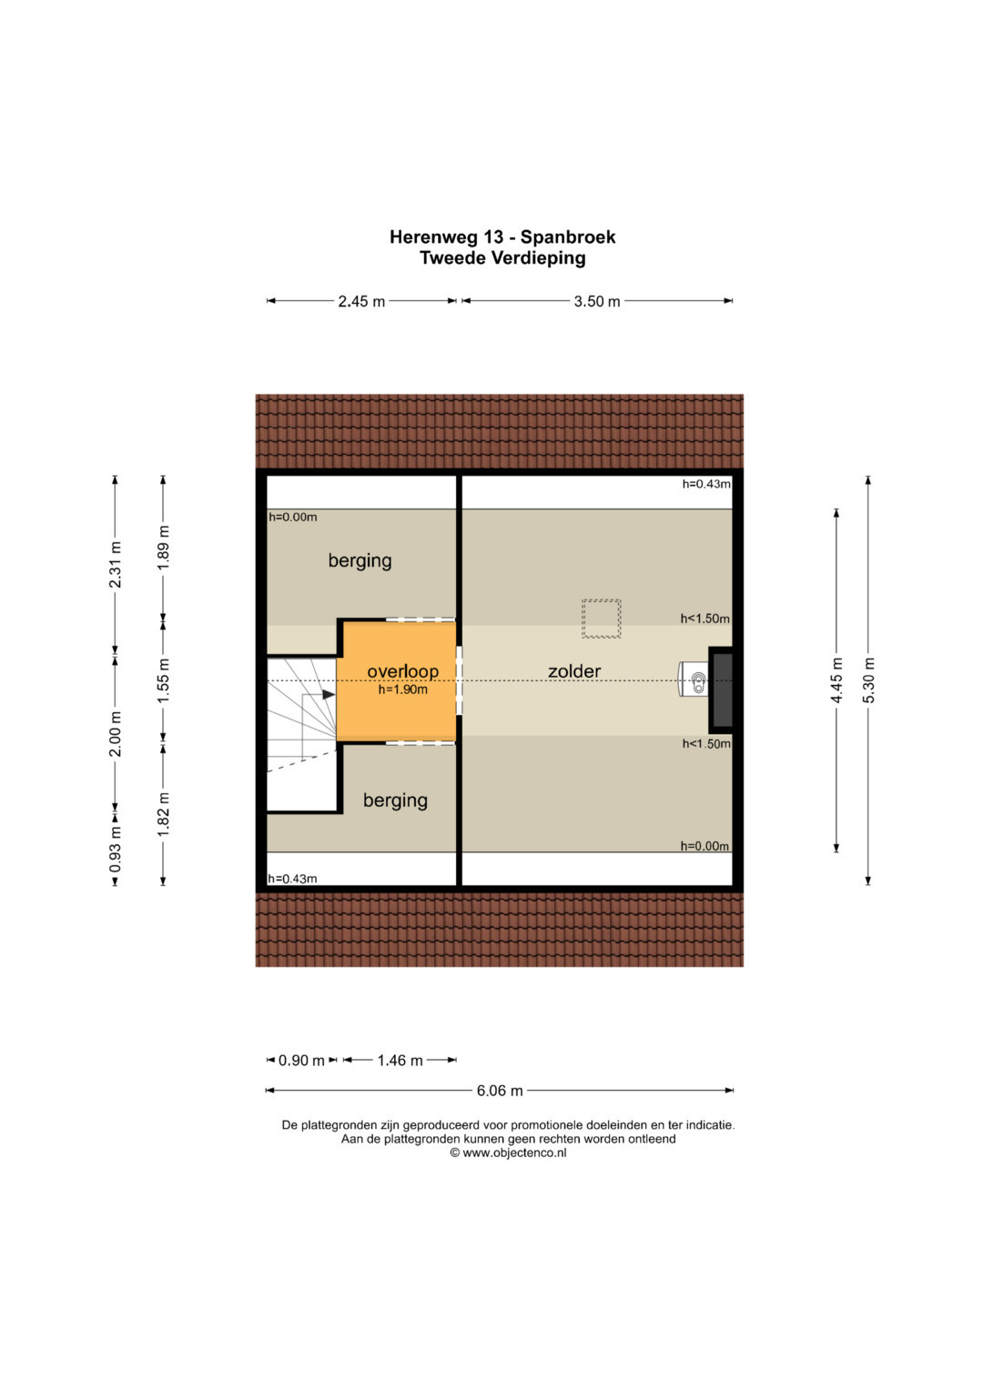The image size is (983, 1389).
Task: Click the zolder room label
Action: tap(574, 671)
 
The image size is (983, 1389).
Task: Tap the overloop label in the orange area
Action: tap(402, 671)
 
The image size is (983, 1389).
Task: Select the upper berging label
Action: tap(360, 561)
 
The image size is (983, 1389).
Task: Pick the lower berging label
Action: tap(395, 800)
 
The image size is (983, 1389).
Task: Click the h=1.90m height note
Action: tap(402, 689)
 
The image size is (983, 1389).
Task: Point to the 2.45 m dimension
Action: tap(361, 301)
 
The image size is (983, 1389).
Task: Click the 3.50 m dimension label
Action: tap(597, 301)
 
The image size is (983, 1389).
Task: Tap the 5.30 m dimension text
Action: tap(869, 680)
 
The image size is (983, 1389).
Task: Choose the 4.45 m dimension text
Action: tap(836, 680)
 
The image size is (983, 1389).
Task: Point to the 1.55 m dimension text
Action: tap(163, 680)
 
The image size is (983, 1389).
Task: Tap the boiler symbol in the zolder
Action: tap(694, 679)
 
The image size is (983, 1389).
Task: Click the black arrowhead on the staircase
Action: tap(329, 695)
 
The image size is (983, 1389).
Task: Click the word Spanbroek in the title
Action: tap(568, 237)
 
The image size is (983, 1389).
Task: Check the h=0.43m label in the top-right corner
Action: tap(706, 484)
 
